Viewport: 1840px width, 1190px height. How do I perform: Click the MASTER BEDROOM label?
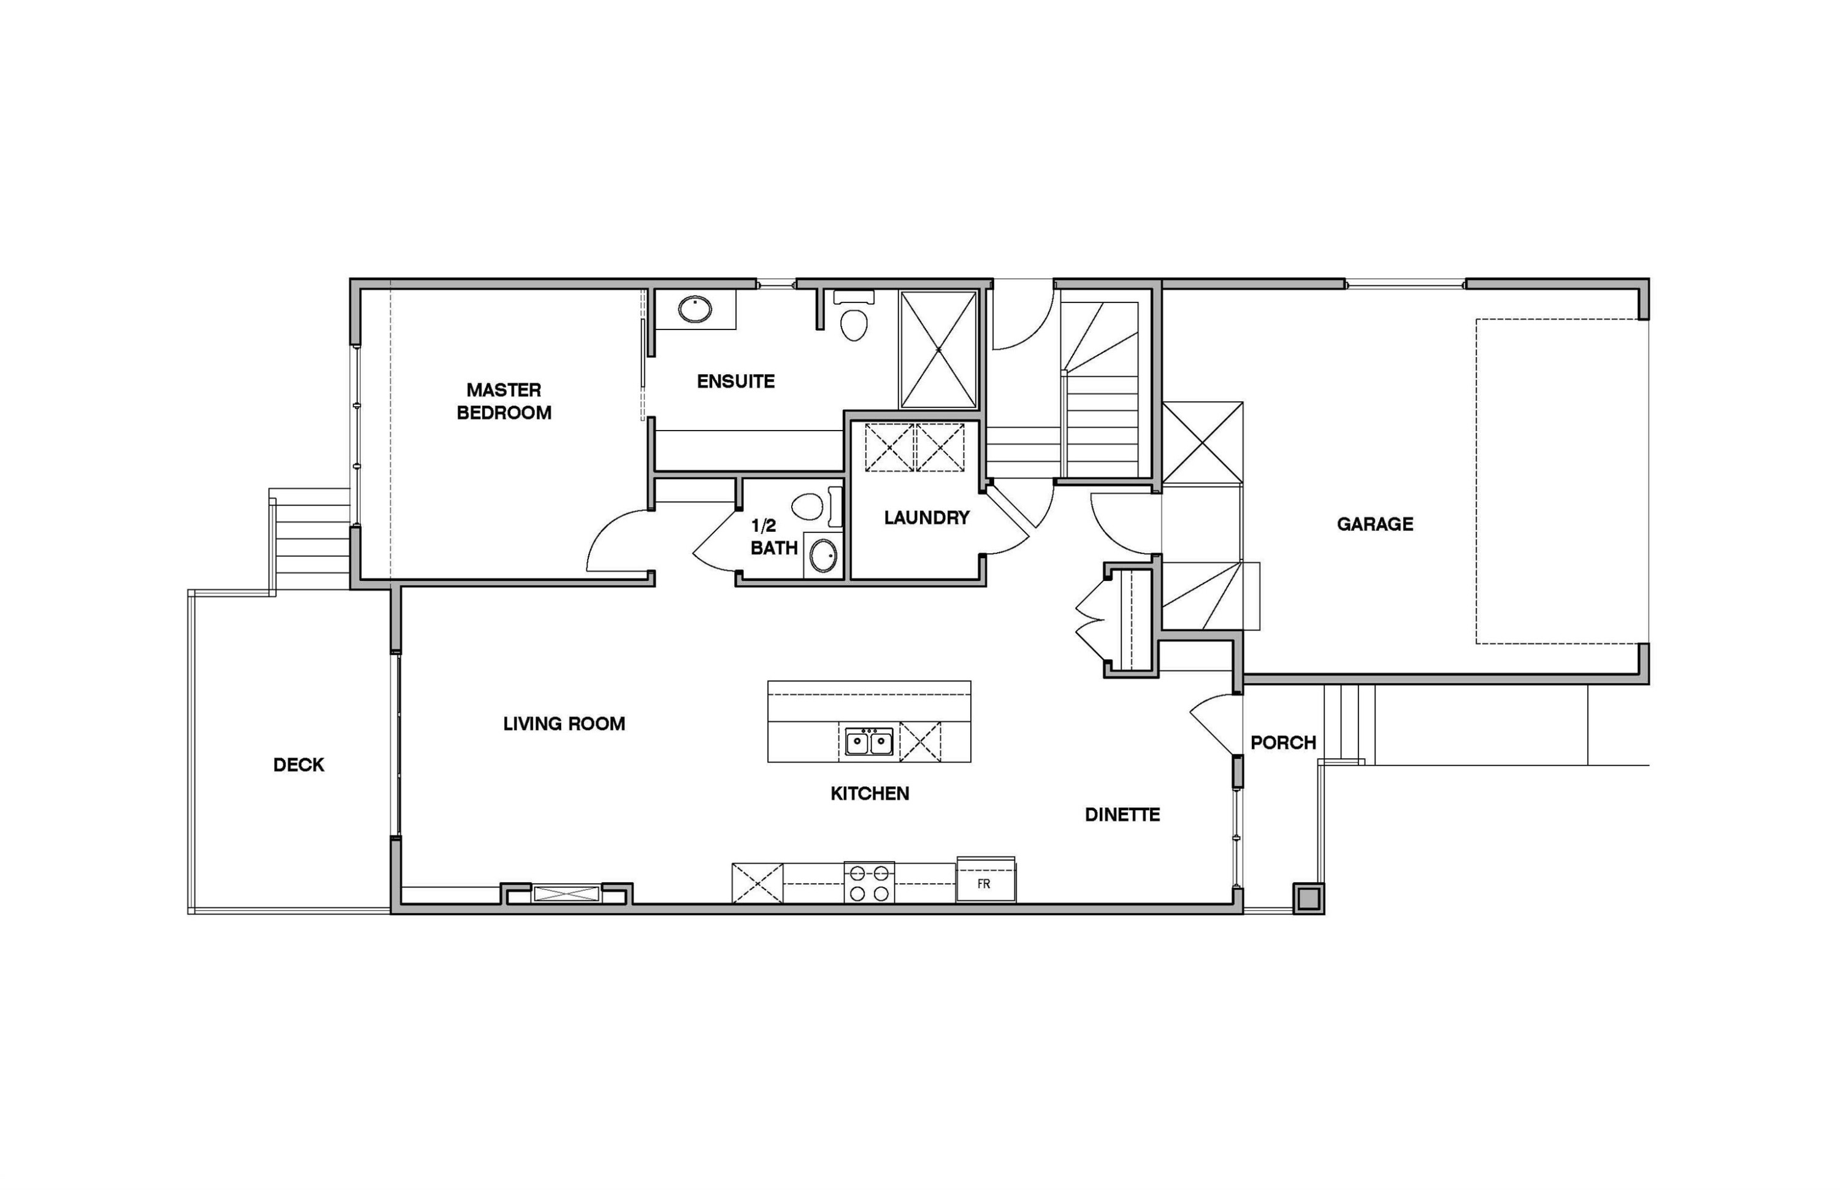click(504, 401)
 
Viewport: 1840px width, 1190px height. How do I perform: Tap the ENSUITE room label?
click(735, 381)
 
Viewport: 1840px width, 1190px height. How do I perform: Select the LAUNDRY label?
click(926, 518)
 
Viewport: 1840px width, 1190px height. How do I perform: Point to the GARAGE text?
click(1374, 524)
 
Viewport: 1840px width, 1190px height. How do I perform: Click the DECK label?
click(298, 764)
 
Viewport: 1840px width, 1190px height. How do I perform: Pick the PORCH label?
click(1282, 743)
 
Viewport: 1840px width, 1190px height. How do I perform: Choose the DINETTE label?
click(1122, 815)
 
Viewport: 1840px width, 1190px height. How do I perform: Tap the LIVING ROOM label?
click(564, 724)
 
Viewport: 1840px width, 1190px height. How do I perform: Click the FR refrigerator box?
click(985, 883)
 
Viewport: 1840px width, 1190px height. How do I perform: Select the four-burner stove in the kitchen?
click(868, 883)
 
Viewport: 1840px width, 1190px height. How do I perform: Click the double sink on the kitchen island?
click(868, 742)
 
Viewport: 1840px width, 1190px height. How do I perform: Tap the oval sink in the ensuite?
click(694, 309)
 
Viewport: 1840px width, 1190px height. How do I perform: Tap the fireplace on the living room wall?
click(566, 894)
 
